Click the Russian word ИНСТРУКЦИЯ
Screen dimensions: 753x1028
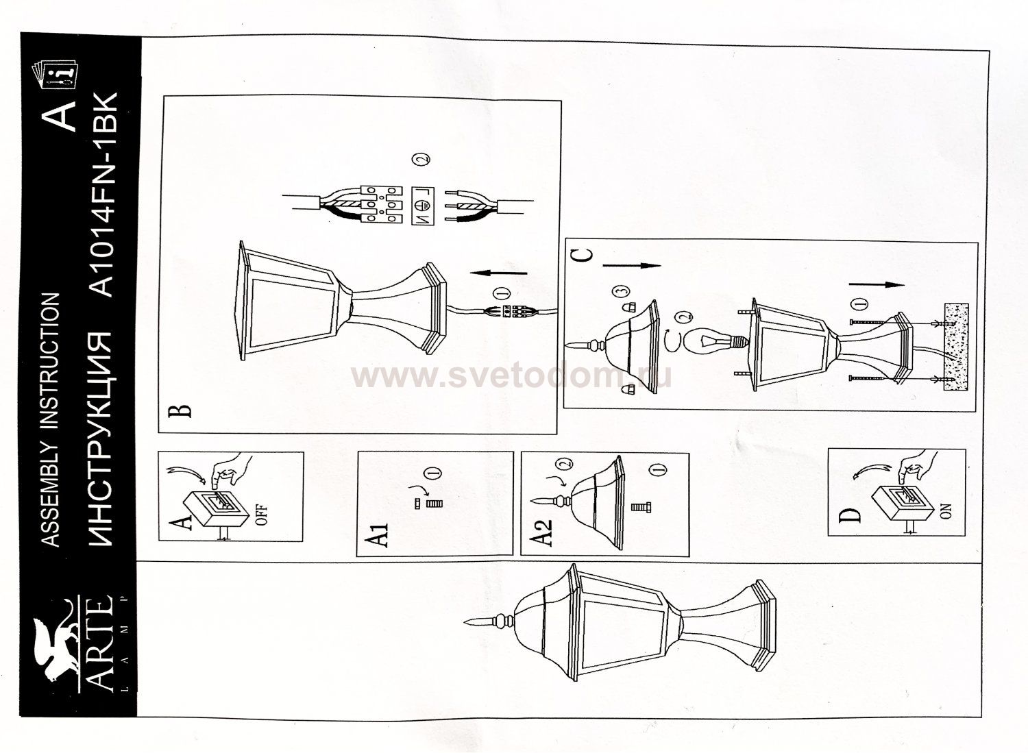click(x=101, y=441)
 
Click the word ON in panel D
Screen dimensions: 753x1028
click(x=946, y=510)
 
